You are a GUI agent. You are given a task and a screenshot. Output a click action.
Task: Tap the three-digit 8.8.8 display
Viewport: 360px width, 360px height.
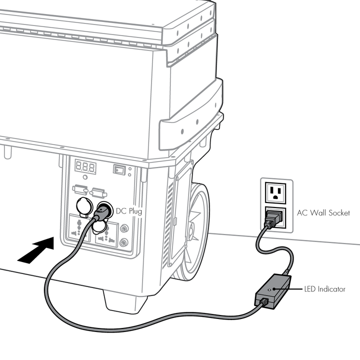85,166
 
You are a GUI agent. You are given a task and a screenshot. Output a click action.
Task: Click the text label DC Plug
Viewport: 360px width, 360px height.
129,211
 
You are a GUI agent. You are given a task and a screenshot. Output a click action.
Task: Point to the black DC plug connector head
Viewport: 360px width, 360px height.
103,210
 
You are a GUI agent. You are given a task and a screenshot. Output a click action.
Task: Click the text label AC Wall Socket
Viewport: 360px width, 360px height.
323,212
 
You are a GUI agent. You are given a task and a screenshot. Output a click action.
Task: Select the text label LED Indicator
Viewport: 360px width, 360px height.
324,289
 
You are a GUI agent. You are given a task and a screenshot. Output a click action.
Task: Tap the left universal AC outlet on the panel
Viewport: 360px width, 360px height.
79,231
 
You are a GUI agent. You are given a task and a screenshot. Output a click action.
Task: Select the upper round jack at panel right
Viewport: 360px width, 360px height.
124,228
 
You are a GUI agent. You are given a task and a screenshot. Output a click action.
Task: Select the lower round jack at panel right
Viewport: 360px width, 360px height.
124,243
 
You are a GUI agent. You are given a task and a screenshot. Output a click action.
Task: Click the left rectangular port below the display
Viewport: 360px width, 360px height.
80,190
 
